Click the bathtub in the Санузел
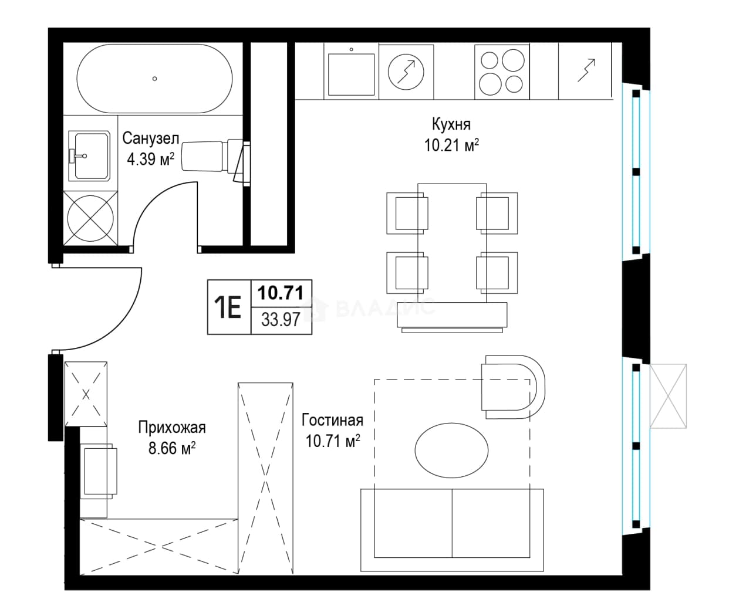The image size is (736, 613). (x=154, y=79)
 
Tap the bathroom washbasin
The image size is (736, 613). (x=90, y=155)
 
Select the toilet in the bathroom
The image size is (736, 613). (x=211, y=157)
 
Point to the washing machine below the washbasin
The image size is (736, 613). (x=90, y=218)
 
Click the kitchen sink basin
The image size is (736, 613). (x=351, y=74)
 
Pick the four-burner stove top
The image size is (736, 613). (x=502, y=72)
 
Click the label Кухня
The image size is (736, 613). (x=451, y=124)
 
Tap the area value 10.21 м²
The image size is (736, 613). (x=451, y=145)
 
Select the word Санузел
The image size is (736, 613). (x=150, y=138)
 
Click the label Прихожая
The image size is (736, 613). (x=171, y=427)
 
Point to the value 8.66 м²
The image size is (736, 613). (x=171, y=449)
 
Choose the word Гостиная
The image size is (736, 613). (x=332, y=420)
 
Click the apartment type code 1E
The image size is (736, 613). (x=228, y=307)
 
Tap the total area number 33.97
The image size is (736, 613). (x=281, y=320)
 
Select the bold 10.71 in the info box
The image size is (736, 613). (x=281, y=293)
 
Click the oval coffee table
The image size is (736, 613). (x=451, y=451)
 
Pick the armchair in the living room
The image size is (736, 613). (x=513, y=387)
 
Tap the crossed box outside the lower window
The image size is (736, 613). (x=668, y=396)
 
